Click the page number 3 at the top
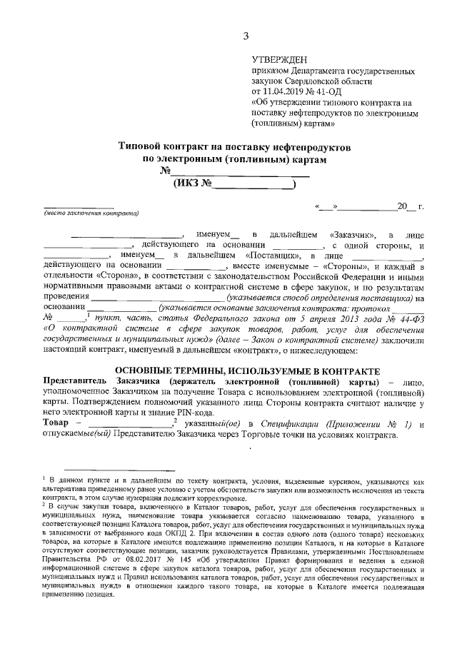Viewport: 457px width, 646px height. click(246, 36)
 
